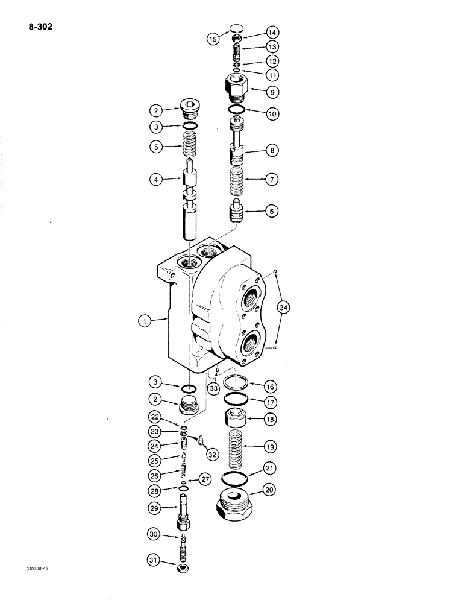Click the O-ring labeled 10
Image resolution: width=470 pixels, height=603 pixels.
point(236,110)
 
